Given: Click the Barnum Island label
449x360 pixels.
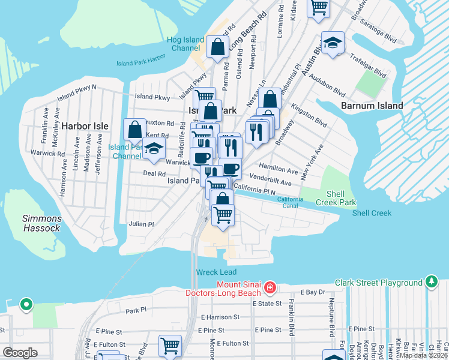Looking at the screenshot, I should pyautogui.click(x=372, y=106).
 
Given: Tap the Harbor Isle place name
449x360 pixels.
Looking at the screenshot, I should pyautogui.click(x=85, y=126).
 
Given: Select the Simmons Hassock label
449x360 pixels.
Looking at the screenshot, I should pyautogui.click(x=41, y=223).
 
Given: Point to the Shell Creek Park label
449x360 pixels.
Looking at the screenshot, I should pyautogui.click(x=341, y=198).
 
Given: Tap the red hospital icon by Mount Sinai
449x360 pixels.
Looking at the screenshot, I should pyautogui.click(x=270, y=288).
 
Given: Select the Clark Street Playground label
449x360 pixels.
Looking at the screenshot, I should pyautogui.click(x=379, y=283).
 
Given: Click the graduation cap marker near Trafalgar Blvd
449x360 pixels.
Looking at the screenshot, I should pyautogui.click(x=333, y=44).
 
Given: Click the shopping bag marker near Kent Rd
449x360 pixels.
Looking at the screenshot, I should pyautogui.click(x=134, y=130).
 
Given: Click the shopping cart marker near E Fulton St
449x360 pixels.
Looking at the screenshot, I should pyautogui.click(x=170, y=346).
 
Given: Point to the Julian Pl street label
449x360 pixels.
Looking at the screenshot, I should pyautogui.click(x=142, y=224).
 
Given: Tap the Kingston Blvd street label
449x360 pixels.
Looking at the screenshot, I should pyautogui.click(x=309, y=116).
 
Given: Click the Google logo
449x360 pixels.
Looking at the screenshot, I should pyautogui.click(x=20, y=353).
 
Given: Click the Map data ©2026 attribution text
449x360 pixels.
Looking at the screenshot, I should pyautogui.click(x=423, y=355).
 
